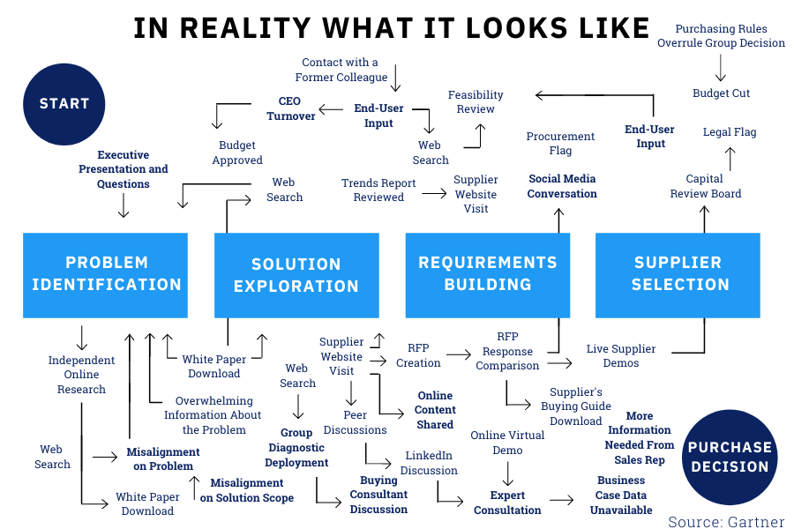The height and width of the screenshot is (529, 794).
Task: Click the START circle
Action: click(64, 103)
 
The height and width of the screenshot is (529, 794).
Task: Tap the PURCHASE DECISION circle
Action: click(730, 457)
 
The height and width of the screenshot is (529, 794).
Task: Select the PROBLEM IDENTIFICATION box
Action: click(106, 274)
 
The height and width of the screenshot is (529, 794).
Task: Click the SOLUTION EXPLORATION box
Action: click(296, 275)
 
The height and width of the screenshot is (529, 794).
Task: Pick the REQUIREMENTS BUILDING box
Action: click(488, 274)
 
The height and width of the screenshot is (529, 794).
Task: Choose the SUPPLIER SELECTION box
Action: click(678, 274)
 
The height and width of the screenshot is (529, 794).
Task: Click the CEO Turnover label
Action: click(290, 109)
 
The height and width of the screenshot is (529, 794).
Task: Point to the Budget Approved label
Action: click(237, 153)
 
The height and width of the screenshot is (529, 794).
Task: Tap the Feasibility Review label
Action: click(476, 102)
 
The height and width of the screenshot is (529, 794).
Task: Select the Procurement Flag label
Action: click(560, 144)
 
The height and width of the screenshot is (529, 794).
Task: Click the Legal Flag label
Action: click(730, 132)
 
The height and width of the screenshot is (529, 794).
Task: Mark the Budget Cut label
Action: click(721, 93)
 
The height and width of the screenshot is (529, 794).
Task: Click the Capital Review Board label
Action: click(705, 187)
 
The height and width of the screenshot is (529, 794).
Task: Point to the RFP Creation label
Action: click(418, 355)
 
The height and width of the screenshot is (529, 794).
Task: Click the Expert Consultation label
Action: click(507, 503)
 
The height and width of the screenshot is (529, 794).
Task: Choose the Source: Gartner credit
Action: click(726, 521)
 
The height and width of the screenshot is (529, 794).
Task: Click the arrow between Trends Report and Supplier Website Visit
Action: click(432, 190)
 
